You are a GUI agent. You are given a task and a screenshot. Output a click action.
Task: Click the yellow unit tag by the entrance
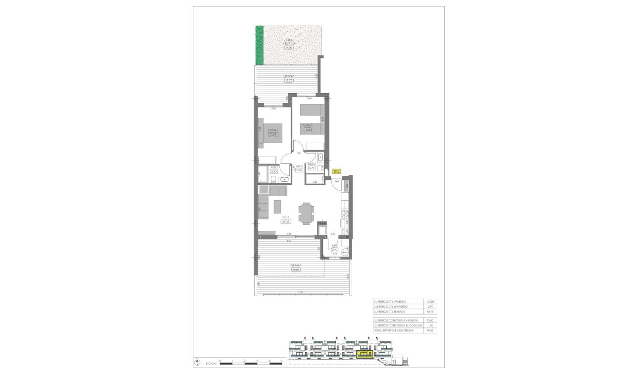click(337, 171)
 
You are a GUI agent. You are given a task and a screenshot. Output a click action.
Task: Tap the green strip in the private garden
click(259, 45)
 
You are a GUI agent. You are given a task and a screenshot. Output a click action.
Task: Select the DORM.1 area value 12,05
click(272, 134)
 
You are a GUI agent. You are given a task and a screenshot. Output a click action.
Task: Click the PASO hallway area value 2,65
click(299, 170)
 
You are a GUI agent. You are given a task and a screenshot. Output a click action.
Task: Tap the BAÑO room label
click(312, 163)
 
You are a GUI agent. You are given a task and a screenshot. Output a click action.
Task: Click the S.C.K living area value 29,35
click(285, 221)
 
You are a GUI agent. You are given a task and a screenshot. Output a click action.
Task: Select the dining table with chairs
click(307, 213)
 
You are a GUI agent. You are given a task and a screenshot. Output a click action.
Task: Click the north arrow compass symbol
click(197, 361)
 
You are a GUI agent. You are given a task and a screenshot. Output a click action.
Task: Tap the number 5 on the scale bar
click(281, 361)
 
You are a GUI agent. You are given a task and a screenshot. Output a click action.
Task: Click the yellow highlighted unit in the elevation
click(365, 354)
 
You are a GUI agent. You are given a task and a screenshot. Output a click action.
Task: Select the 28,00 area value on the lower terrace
click(296, 270)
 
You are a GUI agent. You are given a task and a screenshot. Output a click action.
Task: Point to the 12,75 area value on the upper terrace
click(289, 80)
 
